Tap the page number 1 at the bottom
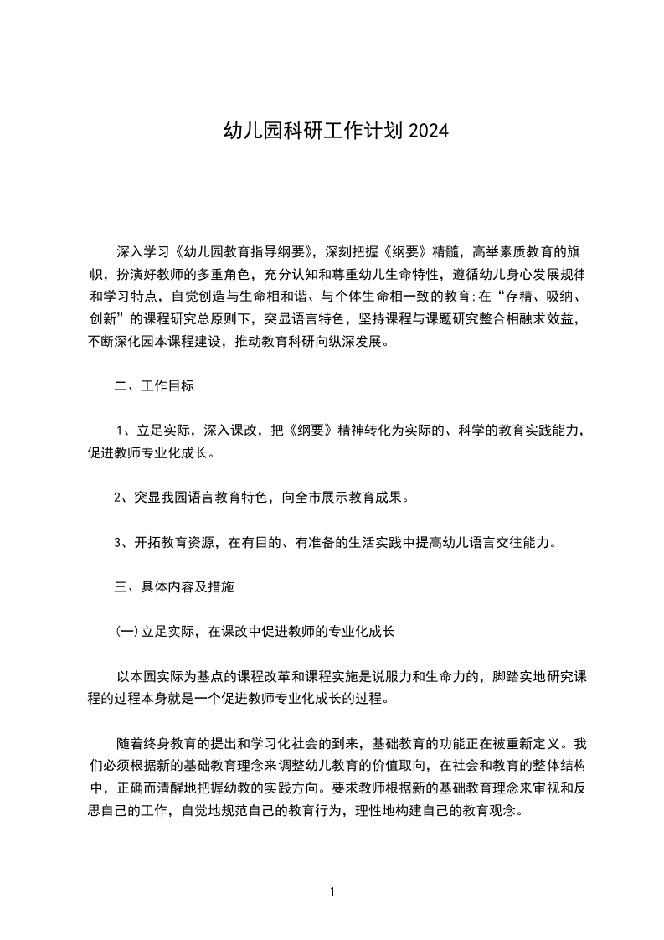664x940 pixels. tap(332, 892)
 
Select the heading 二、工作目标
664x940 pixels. tap(155, 386)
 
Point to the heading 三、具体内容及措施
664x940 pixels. tap(174, 587)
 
